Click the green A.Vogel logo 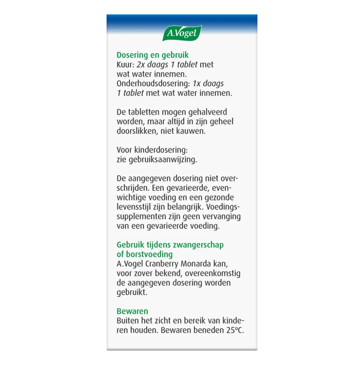tap(182, 33)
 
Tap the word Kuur tap(125, 65)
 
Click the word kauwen tap(194, 131)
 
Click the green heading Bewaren tap(132, 311)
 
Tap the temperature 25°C tap(235, 331)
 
